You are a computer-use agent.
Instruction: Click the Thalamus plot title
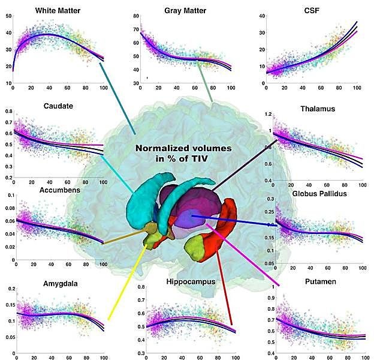tap(316, 109)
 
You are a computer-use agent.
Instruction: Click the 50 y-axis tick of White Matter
tap(8, 14)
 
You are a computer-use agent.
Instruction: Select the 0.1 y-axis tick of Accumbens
tap(6, 196)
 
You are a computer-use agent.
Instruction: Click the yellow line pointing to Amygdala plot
tap(126, 279)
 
